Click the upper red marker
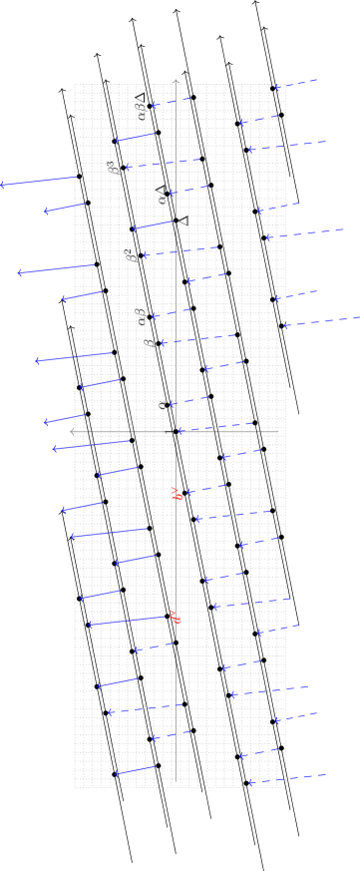[x=177, y=494]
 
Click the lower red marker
[x=175, y=618]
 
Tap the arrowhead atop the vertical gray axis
[x=176, y=83]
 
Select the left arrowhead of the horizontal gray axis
[x=73, y=431]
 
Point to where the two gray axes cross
[x=176, y=431]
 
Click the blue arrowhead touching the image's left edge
[x=3, y=185]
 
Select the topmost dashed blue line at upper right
[x=297, y=83]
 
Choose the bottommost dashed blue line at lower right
[x=289, y=778]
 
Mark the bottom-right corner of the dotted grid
[x=285, y=786]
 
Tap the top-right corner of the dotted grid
[x=285, y=85]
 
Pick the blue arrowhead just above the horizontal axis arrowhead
[x=46, y=422]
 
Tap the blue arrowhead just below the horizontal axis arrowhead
[x=55, y=449]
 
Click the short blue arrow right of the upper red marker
[x=204, y=488]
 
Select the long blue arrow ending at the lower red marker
[x=130, y=621]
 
